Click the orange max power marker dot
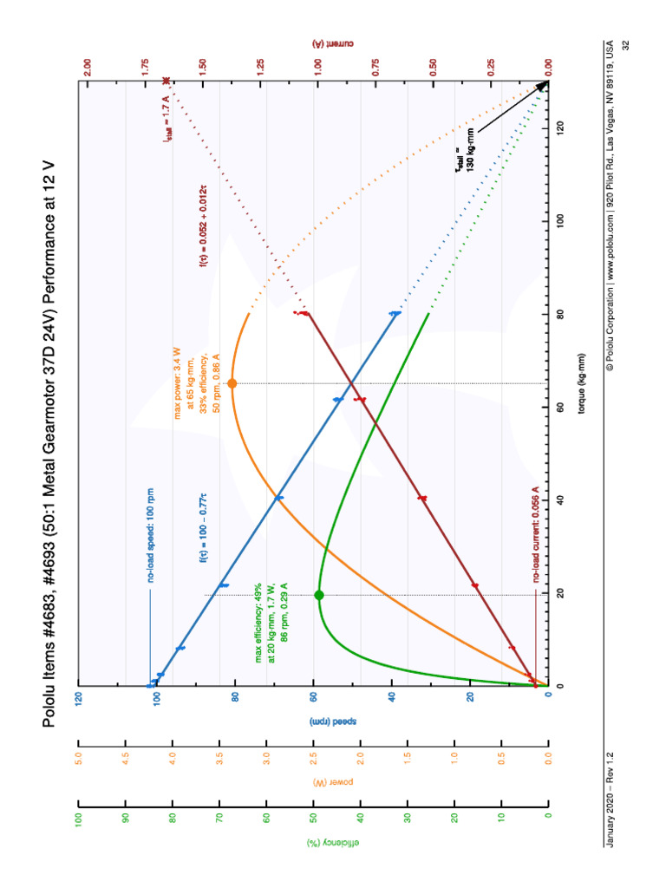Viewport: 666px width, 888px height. [232, 383]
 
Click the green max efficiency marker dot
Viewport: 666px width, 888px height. [318, 595]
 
